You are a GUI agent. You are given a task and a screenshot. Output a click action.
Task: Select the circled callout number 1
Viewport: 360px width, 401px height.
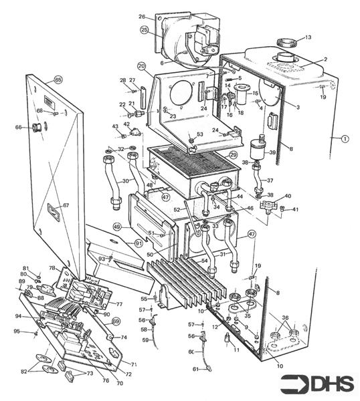tap(345, 139)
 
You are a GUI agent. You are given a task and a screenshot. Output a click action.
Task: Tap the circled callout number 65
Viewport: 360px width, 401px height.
tap(58, 80)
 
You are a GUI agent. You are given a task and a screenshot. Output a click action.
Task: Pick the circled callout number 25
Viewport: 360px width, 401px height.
tap(144, 29)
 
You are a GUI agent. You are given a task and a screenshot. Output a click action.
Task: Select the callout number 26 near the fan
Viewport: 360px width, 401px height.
tap(142, 16)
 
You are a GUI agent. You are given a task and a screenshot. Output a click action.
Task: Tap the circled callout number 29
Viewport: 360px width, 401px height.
tap(234, 154)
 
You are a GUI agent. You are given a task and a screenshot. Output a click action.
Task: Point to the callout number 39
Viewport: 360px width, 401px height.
tap(272, 153)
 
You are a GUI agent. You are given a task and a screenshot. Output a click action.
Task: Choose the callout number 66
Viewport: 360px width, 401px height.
tap(18, 127)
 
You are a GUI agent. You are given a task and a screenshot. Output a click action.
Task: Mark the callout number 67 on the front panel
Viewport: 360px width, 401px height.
tap(66, 205)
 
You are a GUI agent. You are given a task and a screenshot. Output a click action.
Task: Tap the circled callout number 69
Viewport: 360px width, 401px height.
tap(115, 321)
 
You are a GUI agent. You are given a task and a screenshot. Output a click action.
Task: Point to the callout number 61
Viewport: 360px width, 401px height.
tap(197, 369)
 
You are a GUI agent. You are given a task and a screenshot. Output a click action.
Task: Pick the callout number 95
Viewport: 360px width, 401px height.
tap(17, 331)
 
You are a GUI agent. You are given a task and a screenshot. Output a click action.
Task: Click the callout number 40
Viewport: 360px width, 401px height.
tap(287, 196)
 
